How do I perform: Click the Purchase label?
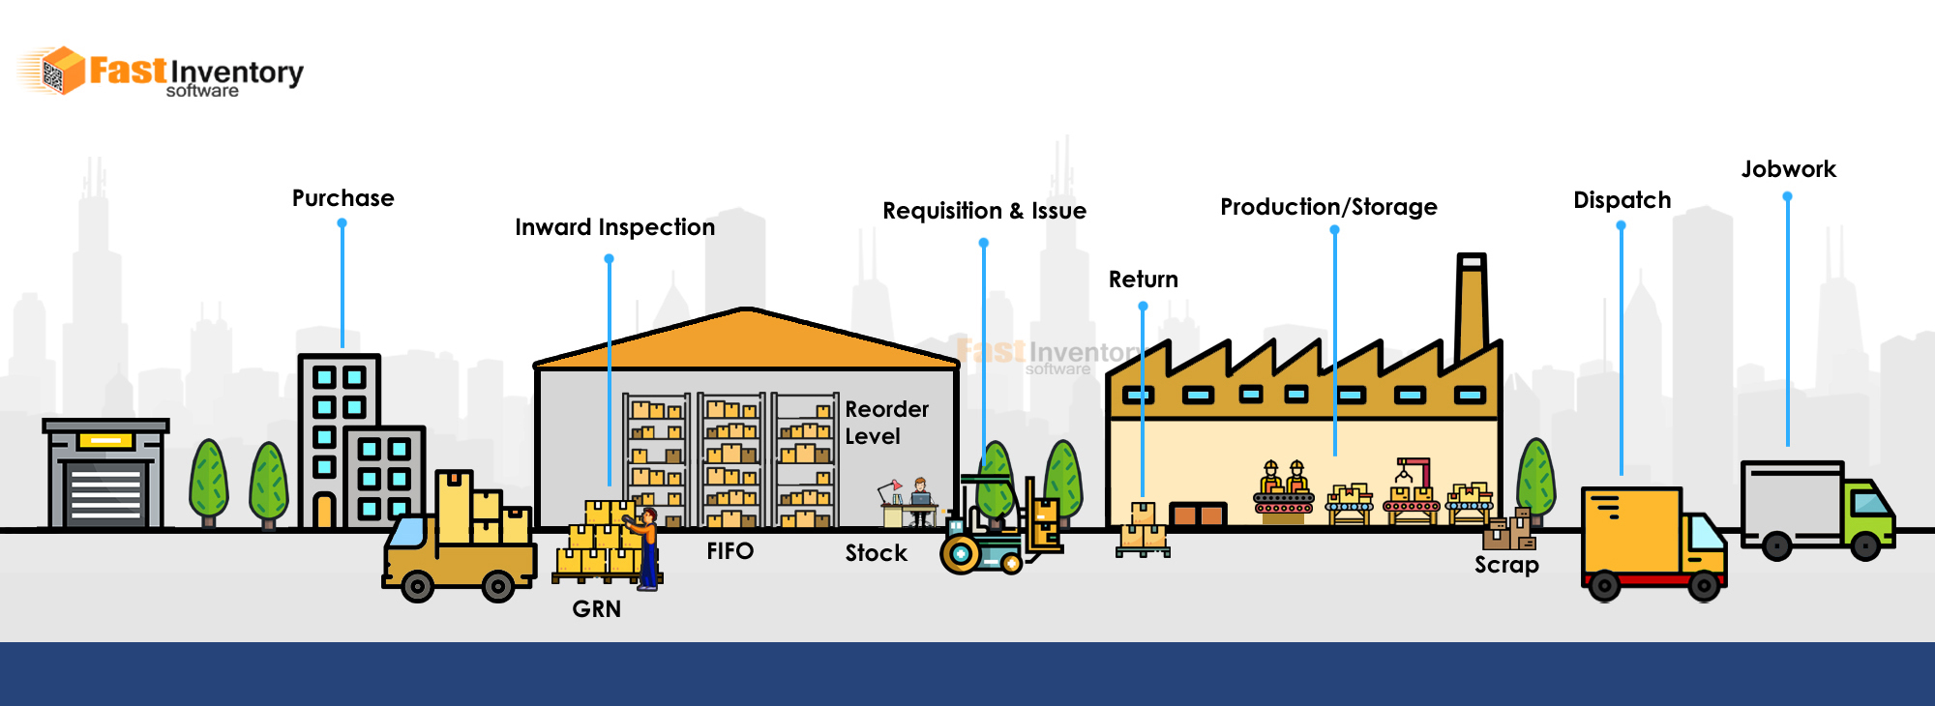pyautogui.click(x=342, y=198)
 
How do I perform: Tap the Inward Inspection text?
pyautogui.click(x=614, y=227)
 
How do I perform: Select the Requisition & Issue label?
pyautogui.click(x=984, y=211)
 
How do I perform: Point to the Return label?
pyautogui.click(x=1143, y=279)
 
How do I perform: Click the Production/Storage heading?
pyautogui.click(x=1328, y=207)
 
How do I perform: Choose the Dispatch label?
pyautogui.click(x=1622, y=200)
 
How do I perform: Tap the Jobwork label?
pyautogui.click(x=1788, y=169)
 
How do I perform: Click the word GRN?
pyautogui.click(x=596, y=609)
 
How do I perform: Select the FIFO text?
pyautogui.click(x=729, y=551)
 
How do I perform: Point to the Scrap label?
pyautogui.click(x=1506, y=565)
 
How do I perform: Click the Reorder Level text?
pyautogui.click(x=885, y=423)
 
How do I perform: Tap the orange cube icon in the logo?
pyautogui.click(x=62, y=71)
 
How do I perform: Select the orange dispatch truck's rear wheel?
pyautogui.click(x=1604, y=585)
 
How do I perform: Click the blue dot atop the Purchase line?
pyautogui.click(x=342, y=223)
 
